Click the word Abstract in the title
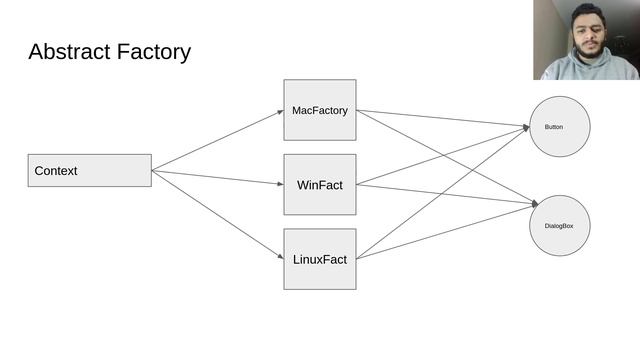click(x=70, y=52)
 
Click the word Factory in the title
click(x=153, y=52)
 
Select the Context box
click(x=89, y=170)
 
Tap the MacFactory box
click(x=319, y=110)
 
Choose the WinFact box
click(x=319, y=184)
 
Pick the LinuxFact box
click(x=319, y=259)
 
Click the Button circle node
click(x=559, y=127)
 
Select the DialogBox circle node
click(x=559, y=226)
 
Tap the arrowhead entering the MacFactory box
click(x=280, y=111)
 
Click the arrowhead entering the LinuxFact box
click(x=280, y=258)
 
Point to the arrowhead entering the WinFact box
click(x=280, y=184)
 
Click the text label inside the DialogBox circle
click(x=559, y=226)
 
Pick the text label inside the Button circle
click(x=554, y=127)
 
